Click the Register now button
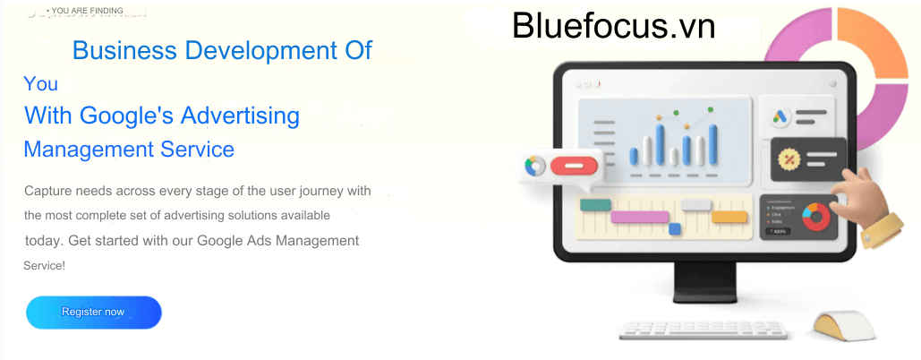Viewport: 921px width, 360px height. [x=93, y=312]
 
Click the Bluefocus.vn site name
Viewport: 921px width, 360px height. [x=613, y=27]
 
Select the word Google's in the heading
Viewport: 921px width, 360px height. [x=126, y=116]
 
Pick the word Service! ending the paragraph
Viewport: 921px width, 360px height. [x=44, y=266]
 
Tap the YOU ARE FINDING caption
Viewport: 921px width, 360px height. [x=87, y=11]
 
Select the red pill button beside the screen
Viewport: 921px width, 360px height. [x=574, y=166]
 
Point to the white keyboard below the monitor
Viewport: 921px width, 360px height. [x=703, y=330]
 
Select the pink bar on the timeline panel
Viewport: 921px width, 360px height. [x=639, y=217]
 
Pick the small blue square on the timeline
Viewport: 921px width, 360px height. [x=674, y=229]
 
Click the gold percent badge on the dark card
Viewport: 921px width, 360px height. [x=789, y=159]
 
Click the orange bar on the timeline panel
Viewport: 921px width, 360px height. [x=729, y=216]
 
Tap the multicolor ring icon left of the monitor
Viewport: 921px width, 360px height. [x=535, y=167]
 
